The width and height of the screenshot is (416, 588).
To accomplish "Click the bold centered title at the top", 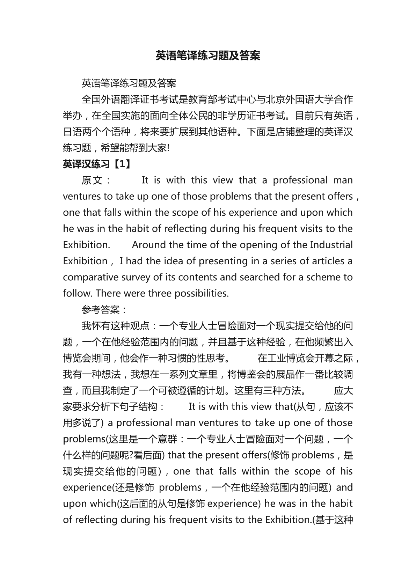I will (208, 56).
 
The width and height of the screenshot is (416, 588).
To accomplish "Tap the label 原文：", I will (96, 180).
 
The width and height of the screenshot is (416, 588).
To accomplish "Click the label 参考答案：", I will (105, 310).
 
